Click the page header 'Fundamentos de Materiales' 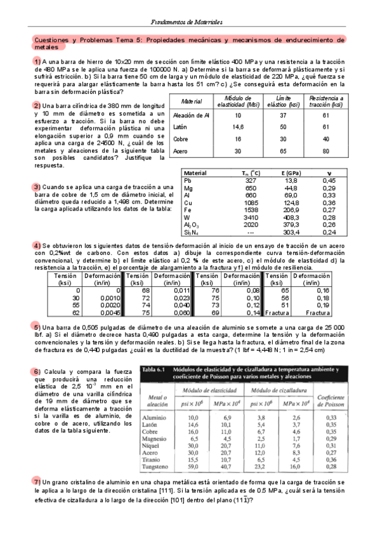[x=190, y=22]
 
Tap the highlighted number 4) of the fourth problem [x=37, y=246]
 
